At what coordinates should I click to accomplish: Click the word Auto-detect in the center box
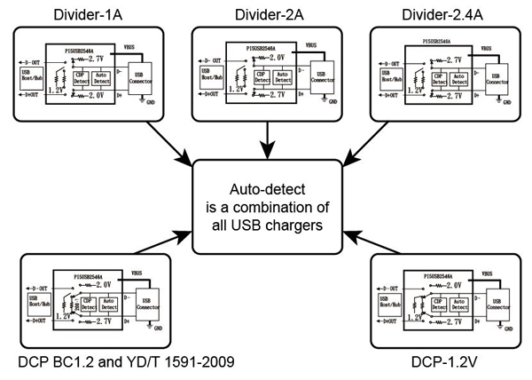coord(267,190)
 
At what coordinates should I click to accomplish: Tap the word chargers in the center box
coord(301,226)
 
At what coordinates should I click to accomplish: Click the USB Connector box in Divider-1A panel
coord(142,76)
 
